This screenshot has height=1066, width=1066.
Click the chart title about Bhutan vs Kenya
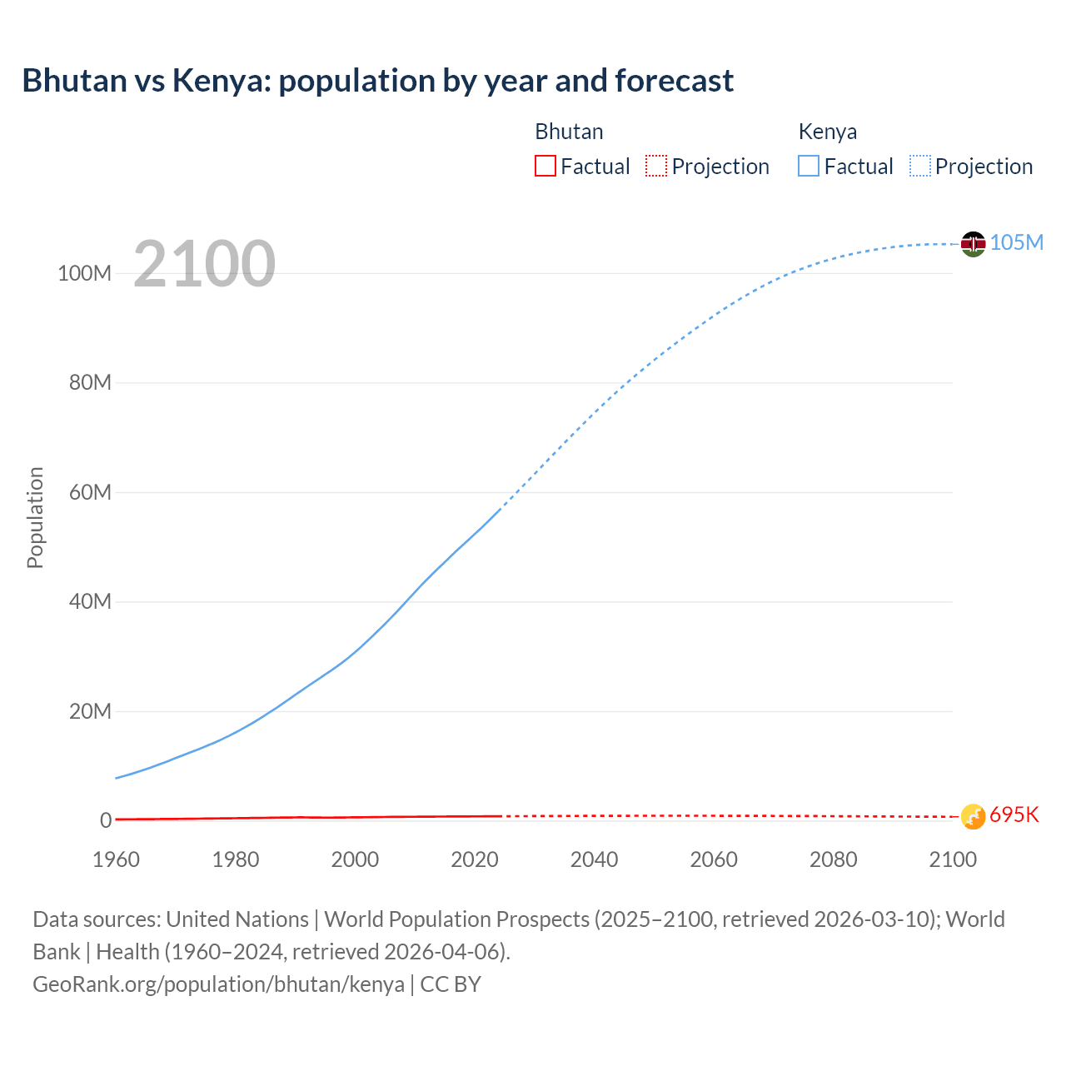click(377, 81)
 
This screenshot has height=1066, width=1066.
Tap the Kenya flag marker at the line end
click(973, 243)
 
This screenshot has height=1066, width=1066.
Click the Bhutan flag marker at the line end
click(973, 816)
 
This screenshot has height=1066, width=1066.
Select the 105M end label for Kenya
click(1016, 242)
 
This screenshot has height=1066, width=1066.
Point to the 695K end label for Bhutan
click(1014, 814)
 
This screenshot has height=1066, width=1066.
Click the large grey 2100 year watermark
click(204, 264)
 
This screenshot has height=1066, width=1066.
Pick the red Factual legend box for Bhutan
click(545, 167)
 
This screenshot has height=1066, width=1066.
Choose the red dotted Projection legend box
click(656, 167)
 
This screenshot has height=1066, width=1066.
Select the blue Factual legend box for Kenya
click(809, 167)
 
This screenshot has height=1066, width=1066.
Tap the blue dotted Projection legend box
click(920, 167)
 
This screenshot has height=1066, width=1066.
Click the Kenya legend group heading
click(827, 132)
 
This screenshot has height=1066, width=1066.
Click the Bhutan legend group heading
click(569, 132)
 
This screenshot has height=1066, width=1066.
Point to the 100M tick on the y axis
click(84, 273)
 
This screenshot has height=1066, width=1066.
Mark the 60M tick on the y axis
click(90, 492)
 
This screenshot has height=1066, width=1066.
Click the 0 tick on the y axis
click(106, 820)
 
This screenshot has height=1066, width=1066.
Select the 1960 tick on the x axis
click(116, 859)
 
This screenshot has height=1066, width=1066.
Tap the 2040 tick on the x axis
click(594, 859)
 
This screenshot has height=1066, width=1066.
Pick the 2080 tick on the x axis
click(833, 859)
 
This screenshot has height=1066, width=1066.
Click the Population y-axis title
click(35, 517)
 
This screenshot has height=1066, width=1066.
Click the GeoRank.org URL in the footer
click(218, 984)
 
